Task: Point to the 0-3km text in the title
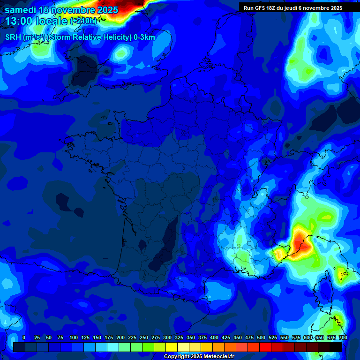pyautogui.click(x=144, y=37)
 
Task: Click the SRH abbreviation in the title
pyautogui.click(x=12, y=37)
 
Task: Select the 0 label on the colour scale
pyautogui.click(x=24, y=337)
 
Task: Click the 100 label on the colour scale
pyautogui.click(x=74, y=337)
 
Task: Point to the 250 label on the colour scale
pyautogui.click(x=144, y=337)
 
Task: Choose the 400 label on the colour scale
pyautogui.click(x=214, y=337)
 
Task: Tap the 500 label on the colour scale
pyautogui.click(x=261, y=337)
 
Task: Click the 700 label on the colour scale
pyautogui.click(x=343, y=337)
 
